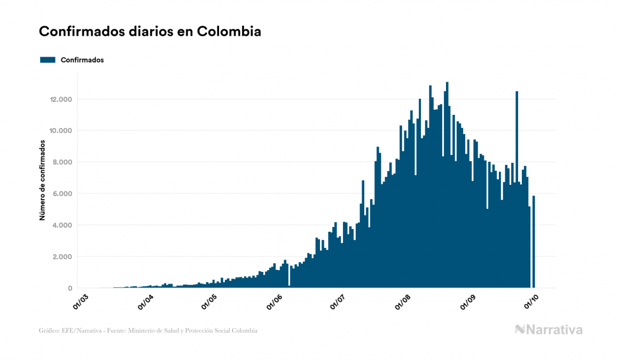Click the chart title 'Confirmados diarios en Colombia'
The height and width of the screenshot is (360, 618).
coord(150,32)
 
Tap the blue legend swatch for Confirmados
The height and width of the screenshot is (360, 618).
coord(48,60)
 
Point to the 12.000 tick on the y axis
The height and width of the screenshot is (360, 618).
coord(61,99)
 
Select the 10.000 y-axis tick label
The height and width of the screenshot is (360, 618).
coord(61,131)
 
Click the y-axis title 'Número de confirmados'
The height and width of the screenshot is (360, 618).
coord(42,181)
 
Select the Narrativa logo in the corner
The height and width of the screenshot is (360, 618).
coord(549,330)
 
